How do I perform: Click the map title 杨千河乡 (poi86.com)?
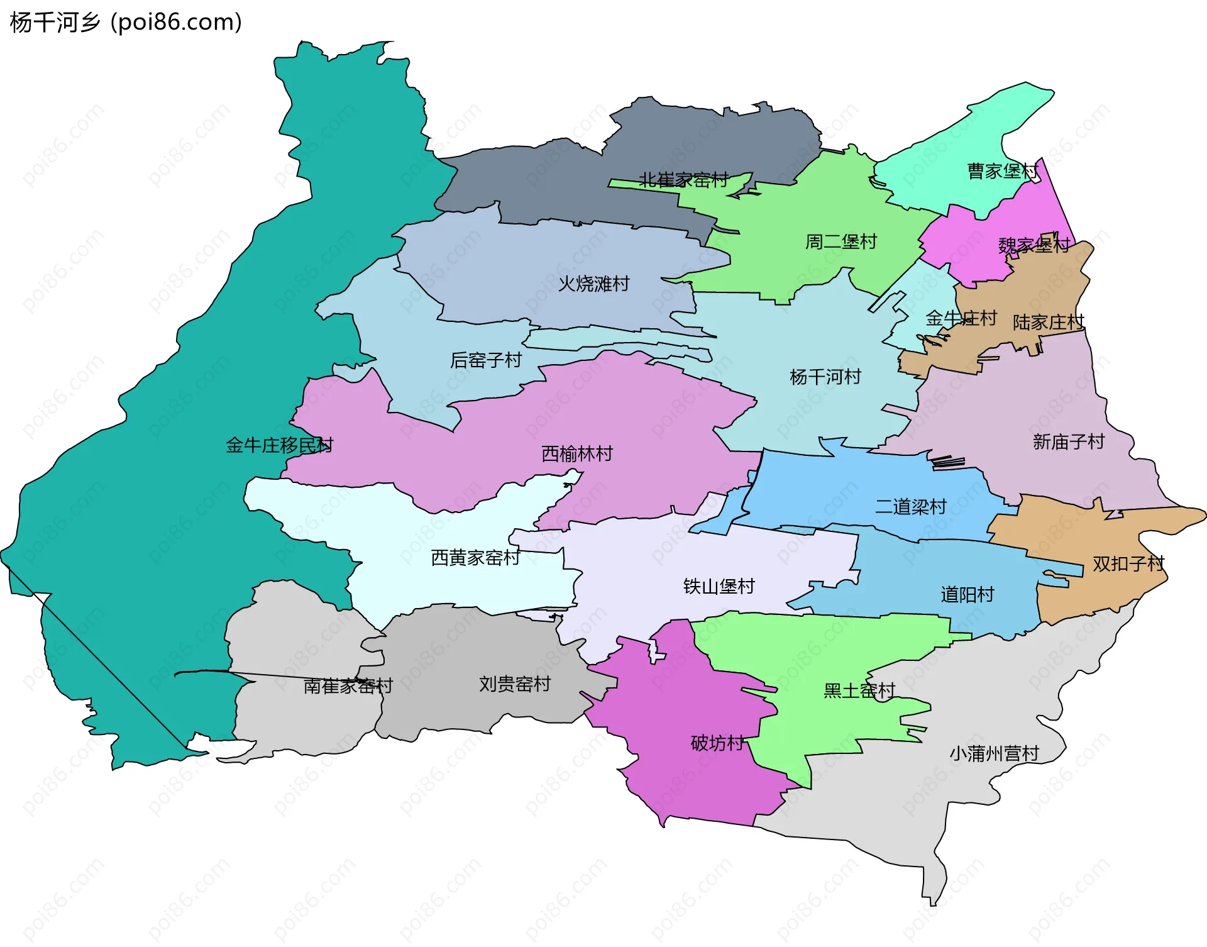coord(126,23)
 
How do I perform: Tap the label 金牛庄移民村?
coord(279,445)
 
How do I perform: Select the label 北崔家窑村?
coord(683,180)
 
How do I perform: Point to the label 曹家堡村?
coord(1003,171)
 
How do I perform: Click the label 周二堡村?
coord(841,241)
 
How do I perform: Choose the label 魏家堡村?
coord(1034,245)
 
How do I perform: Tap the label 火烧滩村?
coord(593,284)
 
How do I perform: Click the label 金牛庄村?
coord(961,318)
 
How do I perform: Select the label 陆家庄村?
coord(1049,323)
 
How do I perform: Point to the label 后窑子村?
coord(486,360)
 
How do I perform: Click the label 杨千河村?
coord(825,377)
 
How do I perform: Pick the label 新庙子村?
coord(1069,442)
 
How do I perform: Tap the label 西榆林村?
coord(577,453)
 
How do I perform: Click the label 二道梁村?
coord(911,507)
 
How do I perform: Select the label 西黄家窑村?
coord(476,558)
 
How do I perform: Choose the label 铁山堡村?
coord(719,586)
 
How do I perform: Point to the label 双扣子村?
coord(1128,563)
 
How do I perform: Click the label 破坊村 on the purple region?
coord(717,743)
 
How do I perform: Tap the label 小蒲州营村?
coord(994,753)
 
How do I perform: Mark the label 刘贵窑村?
coord(515,684)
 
